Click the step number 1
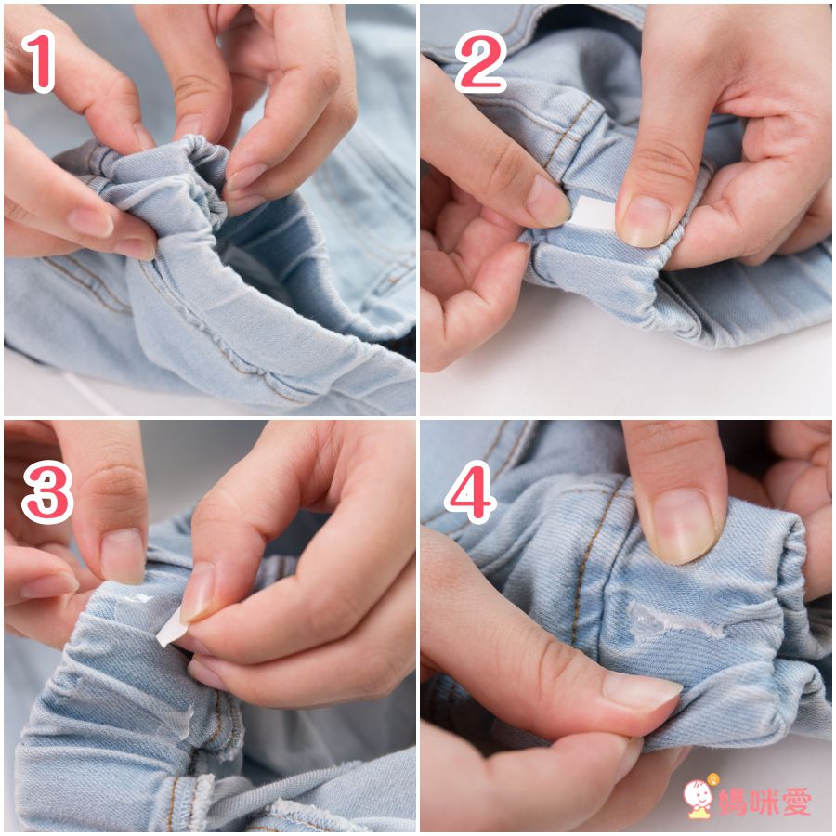(x=39, y=60)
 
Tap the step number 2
(x=480, y=61)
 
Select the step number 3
(x=47, y=491)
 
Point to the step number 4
(x=470, y=492)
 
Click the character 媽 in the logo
(x=733, y=802)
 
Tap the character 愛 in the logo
(x=795, y=802)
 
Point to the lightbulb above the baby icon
(x=712, y=779)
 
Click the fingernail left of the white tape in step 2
(x=546, y=200)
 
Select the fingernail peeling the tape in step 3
(x=198, y=592)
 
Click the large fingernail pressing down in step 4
(x=685, y=526)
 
